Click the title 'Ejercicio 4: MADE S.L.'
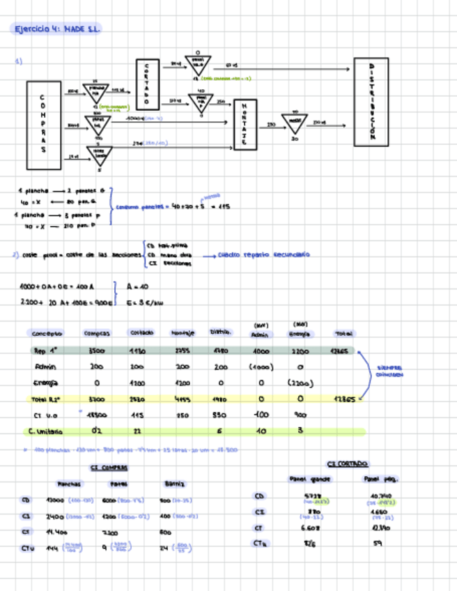click(x=58, y=29)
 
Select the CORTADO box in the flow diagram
click(x=146, y=84)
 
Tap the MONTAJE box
click(x=244, y=125)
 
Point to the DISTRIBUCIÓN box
click(x=371, y=102)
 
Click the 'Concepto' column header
click(x=47, y=333)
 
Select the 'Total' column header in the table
click(x=344, y=333)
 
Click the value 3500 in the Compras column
click(x=97, y=351)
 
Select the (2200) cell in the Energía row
click(x=300, y=383)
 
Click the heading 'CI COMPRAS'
click(x=109, y=468)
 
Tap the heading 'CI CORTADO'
click(x=347, y=463)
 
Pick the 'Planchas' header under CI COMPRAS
click(x=69, y=484)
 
